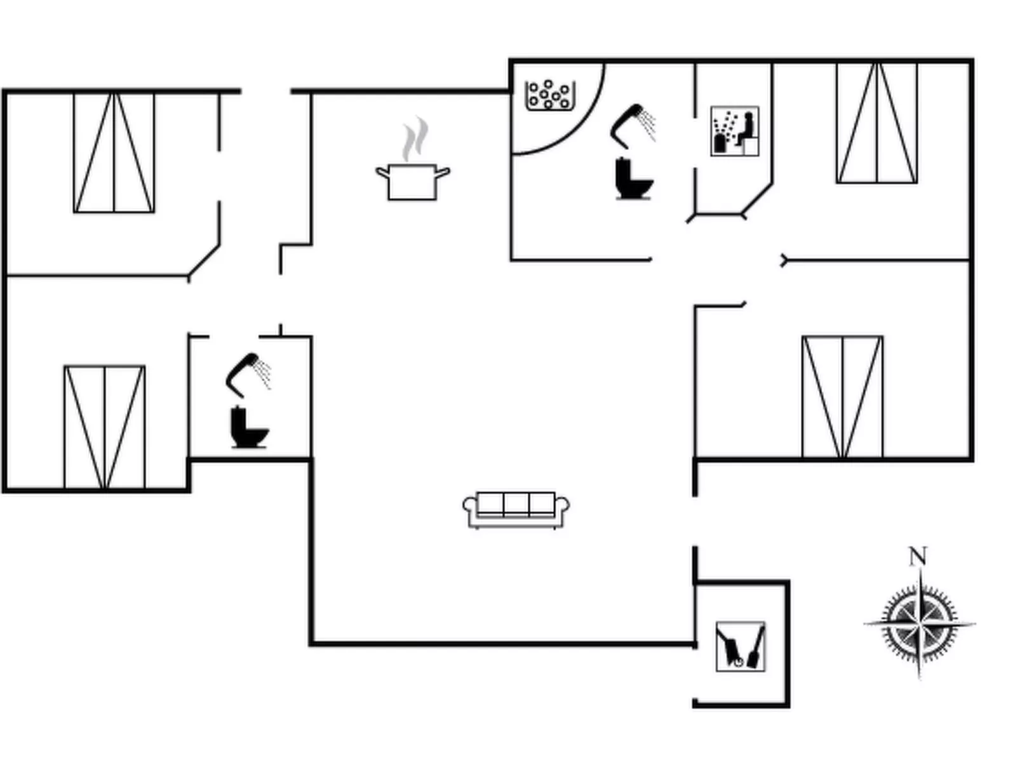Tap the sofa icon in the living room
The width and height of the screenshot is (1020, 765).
point(516,510)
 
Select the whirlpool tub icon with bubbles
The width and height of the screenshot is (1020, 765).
point(549,95)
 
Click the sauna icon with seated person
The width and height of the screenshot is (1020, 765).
point(735,131)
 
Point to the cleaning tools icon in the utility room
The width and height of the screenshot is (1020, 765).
point(741,646)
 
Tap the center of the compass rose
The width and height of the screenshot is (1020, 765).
point(920,623)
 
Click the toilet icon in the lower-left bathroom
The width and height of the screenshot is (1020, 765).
point(248,429)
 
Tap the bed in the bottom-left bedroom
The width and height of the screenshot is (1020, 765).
point(105,427)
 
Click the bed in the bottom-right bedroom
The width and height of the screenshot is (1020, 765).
point(842,397)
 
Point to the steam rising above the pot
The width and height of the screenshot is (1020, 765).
point(414,138)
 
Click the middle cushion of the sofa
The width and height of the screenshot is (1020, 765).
point(516,503)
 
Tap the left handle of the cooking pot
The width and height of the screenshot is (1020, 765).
point(382,171)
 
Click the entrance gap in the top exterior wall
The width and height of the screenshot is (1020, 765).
point(265,91)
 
